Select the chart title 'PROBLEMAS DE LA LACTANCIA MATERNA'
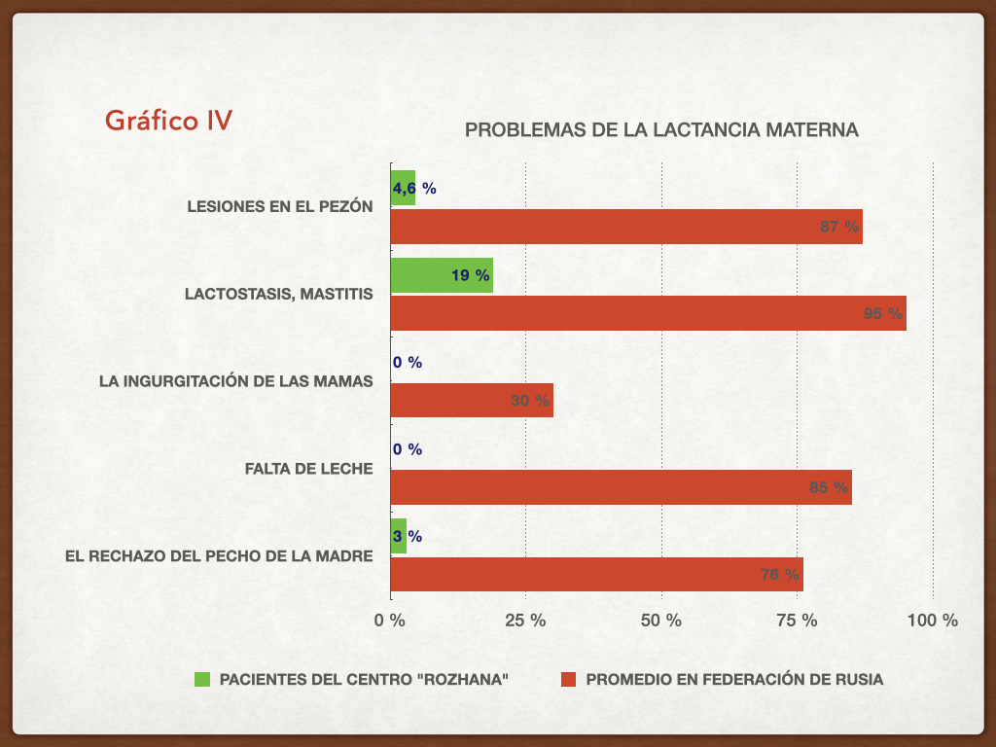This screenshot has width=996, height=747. (661, 129)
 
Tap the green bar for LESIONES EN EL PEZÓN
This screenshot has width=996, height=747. (403, 188)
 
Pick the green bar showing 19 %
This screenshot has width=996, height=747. (441, 275)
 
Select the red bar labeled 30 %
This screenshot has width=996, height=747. (471, 400)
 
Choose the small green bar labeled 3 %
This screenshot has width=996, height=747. (398, 536)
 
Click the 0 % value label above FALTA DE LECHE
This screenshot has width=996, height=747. (408, 449)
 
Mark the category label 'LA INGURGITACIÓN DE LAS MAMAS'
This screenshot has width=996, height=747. (236, 381)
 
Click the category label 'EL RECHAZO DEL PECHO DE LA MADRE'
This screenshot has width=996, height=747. (220, 556)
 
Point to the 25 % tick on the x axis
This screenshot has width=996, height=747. (526, 620)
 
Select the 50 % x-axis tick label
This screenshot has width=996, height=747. (661, 620)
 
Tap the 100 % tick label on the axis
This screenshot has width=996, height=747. (932, 620)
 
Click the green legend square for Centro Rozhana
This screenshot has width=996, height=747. (202, 680)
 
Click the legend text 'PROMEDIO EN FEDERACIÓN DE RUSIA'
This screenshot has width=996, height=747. (734, 680)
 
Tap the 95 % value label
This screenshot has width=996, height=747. (883, 313)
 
